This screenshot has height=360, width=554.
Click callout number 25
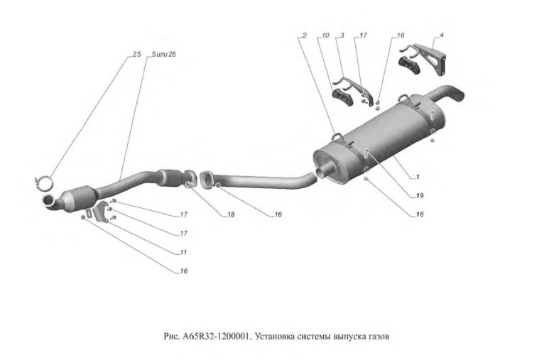coord(136,55)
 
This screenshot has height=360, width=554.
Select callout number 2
coord(304,35)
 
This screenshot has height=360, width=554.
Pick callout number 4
coord(441,35)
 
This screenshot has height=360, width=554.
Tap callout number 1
coord(418,177)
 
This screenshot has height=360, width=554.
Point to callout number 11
coord(183,252)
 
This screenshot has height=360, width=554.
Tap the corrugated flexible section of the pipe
coord(168,175)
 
